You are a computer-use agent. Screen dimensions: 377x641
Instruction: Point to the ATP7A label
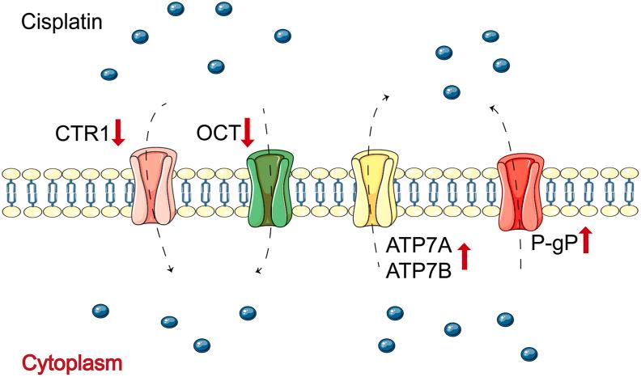pyautogui.click(x=418, y=247)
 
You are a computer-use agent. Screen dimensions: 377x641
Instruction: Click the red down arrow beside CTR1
pyautogui.click(x=118, y=132)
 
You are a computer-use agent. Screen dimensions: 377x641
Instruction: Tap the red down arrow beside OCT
pyautogui.click(x=248, y=132)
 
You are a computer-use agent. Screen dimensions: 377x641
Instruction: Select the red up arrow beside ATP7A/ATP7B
pyautogui.click(x=465, y=257)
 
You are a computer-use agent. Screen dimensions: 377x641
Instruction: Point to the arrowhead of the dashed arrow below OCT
pyautogui.click(x=257, y=273)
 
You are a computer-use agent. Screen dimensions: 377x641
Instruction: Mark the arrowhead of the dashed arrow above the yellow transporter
pyautogui.click(x=387, y=96)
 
